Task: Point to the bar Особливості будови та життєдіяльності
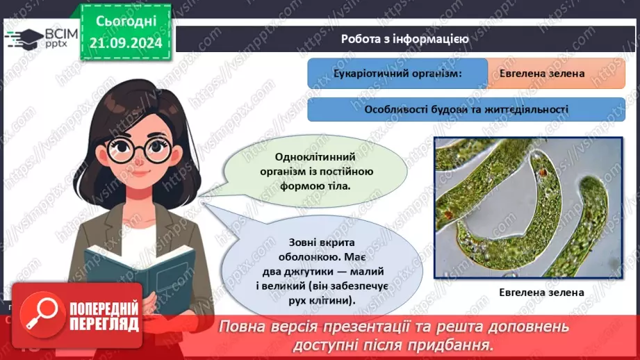pyautogui.click(x=466, y=109)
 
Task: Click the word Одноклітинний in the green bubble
pyautogui.click(x=315, y=157)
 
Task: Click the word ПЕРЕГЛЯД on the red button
pyautogui.click(x=104, y=325)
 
